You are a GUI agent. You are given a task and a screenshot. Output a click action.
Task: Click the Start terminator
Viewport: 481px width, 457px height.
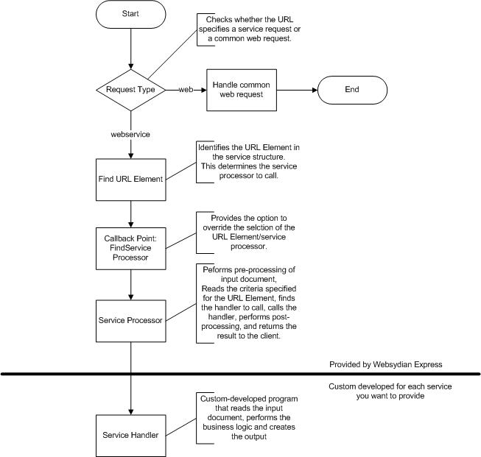[130, 14]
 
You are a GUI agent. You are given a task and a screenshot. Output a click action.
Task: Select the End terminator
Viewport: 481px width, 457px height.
[352, 90]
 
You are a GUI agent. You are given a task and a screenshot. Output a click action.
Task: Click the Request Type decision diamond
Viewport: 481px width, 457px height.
[130, 90]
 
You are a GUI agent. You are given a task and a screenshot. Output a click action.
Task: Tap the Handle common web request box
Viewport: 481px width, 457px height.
[242, 90]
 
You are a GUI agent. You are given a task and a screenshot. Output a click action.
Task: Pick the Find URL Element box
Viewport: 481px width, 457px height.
[130, 180]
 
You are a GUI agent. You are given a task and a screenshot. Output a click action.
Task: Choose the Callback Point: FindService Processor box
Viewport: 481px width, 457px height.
[130, 248]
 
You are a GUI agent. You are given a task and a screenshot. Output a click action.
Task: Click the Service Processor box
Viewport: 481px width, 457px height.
[130, 321]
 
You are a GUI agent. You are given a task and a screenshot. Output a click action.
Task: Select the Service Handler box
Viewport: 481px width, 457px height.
[130, 436]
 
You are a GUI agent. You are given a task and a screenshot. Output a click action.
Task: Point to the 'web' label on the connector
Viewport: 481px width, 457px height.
[186, 90]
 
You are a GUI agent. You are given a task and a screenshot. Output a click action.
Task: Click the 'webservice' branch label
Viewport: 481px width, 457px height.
[130, 134]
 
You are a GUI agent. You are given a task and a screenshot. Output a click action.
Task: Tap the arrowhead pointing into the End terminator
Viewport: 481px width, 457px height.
[315, 90]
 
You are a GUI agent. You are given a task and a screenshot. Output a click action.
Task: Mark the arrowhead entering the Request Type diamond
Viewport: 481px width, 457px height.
[131, 66]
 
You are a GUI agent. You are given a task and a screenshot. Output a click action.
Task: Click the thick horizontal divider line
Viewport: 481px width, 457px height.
[240, 374]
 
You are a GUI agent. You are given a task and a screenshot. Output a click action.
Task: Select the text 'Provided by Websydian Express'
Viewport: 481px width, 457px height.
[385, 364]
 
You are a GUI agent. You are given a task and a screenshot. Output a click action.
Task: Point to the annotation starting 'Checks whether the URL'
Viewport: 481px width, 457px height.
[249, 29]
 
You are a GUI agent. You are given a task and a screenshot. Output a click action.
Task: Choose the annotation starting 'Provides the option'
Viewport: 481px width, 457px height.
[248, 233]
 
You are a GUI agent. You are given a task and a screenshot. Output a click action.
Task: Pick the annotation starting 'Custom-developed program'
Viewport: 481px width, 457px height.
[248, 418]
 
